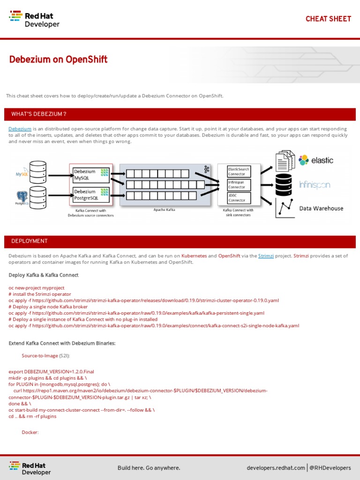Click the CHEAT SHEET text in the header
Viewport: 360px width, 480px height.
[x=328, y=19]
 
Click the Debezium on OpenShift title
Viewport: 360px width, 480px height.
[x=59, y=60]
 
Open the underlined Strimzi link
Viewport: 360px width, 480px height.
[x=266, y=256]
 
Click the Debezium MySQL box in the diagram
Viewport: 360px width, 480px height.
[x=91, y=175]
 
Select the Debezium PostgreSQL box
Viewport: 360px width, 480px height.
[x=91, y=195]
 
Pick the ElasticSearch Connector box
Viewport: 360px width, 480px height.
[x=239, y=171]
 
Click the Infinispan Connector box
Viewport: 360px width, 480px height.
[x=239, y=184]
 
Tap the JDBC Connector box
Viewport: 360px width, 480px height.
[x=239, y=197]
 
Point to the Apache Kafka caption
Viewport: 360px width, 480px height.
[x=164, y=210]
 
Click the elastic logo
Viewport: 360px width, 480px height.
[x=316, y=160]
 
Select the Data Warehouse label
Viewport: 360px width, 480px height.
[x=321, y=209]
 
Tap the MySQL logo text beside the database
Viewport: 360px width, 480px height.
[x=22, y=174]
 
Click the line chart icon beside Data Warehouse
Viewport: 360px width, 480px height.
[x=285, y=208]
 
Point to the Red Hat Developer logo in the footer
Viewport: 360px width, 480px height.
[x=31, y=468]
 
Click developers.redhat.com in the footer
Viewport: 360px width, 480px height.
[x=276, y=468]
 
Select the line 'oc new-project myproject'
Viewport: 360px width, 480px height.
[x=37, y=288]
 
